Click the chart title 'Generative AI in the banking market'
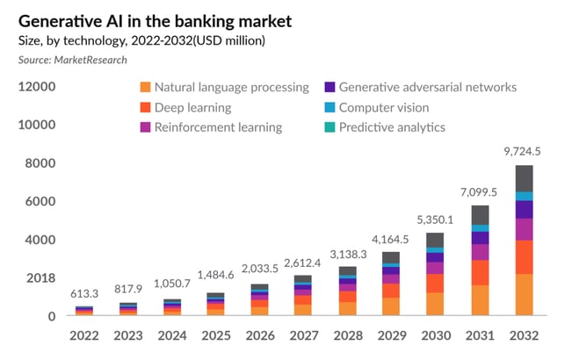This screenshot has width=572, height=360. point(155,21)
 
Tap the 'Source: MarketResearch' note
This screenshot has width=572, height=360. point(73,60)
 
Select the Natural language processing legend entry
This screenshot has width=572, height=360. point(224,88)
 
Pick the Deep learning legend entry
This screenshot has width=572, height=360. point(185,107)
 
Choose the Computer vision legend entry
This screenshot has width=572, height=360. point(377,107)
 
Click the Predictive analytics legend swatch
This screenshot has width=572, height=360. point(329,127)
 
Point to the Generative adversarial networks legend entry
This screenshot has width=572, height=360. point(421,88)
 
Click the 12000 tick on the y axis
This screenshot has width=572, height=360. point(37,87)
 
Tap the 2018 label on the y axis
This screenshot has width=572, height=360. point(40,278)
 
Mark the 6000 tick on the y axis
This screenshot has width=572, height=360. point(40,201)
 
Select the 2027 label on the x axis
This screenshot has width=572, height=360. point(304,335)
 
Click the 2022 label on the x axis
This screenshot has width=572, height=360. point(84,335)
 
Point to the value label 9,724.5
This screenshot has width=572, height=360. point(523,151)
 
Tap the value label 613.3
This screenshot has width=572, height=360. point(84,293)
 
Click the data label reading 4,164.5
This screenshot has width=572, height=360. point(390,240)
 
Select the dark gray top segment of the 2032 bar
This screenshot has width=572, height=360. point(525,178)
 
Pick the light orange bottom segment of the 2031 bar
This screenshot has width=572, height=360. point(480,300)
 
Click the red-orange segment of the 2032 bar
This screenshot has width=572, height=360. point(525,257)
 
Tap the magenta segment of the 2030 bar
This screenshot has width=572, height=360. point(435,268)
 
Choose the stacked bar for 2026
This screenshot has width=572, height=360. point(260,299)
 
